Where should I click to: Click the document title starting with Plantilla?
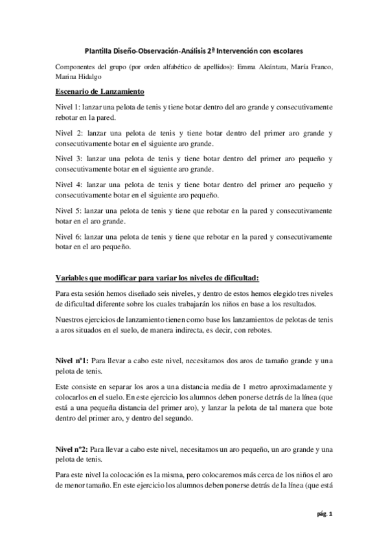tap(194, 49)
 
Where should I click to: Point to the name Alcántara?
tap(258, 67)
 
